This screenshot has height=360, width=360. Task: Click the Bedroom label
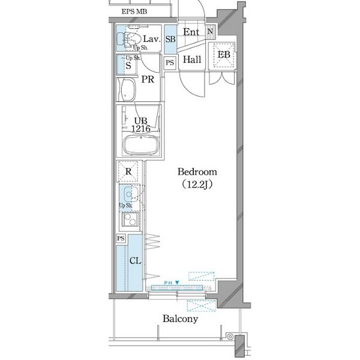[x=197, y=172]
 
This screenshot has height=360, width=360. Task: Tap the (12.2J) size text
[x=197, y=184]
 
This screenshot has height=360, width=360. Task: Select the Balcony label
[x=180, y=319]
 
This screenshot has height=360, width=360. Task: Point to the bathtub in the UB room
[x=141, y=145]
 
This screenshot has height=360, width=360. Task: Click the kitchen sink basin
[x=131, y=194]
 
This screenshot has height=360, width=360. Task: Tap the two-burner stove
[x=130, y=219]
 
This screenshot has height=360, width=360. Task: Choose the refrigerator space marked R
[x=128, y=171]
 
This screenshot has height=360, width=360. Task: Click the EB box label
[x=224, y=55]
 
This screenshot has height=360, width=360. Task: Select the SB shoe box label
[x=170, y=39]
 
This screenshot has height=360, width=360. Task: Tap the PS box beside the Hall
[x=170, y=62]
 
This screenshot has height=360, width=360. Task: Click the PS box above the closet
[x=121, y=238]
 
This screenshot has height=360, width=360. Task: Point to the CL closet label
[x=135, y=260]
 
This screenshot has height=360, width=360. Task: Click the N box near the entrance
[x=210, y=31]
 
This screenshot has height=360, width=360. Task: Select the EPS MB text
[x=134, y=11]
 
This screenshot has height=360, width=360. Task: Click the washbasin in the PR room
[x=128, y=89]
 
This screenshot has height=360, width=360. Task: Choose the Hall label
[x=192, y=59]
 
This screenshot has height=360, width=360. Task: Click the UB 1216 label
[x=141, y=125]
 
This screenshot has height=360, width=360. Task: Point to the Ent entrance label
[x=191, y=32]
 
